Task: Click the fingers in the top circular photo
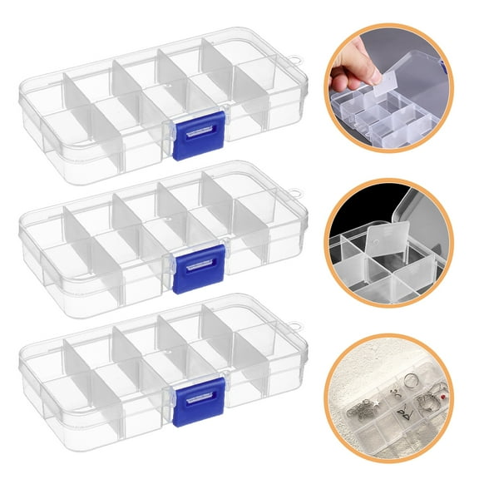pos(353,70)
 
